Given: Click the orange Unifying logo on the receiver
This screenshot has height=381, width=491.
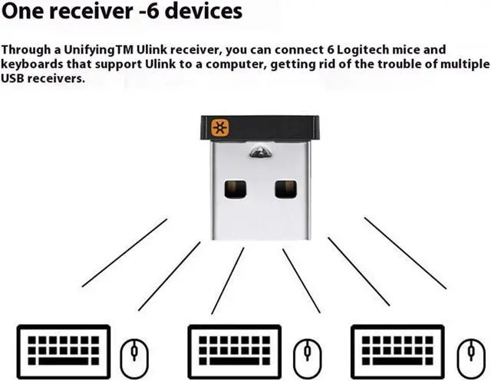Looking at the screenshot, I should click(220, 127).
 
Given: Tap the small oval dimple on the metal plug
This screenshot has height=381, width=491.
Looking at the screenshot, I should click(260, 154).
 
